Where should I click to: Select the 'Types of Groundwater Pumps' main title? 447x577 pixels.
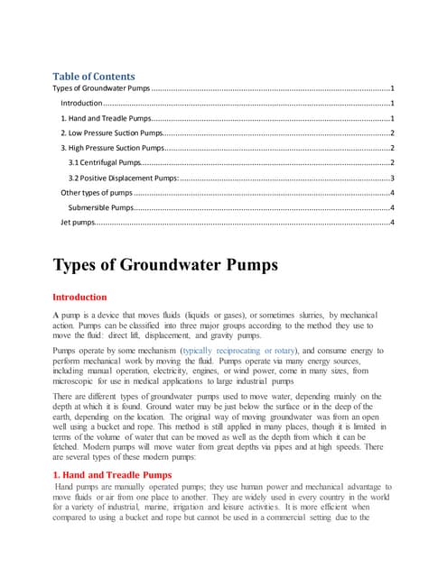tap(165, 265)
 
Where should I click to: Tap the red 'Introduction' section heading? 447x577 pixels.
tap(79, 297)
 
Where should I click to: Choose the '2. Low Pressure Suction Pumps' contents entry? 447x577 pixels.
tap(110, 133)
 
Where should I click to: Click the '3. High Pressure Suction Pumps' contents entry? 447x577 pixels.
tap(112, 147)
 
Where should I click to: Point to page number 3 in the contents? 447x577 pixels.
tap(392, 178)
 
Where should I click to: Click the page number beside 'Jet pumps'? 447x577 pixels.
tap(392, 222)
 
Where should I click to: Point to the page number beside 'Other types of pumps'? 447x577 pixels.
tap(392, 192)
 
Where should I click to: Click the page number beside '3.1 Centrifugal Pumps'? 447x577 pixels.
tap(392, 162)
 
